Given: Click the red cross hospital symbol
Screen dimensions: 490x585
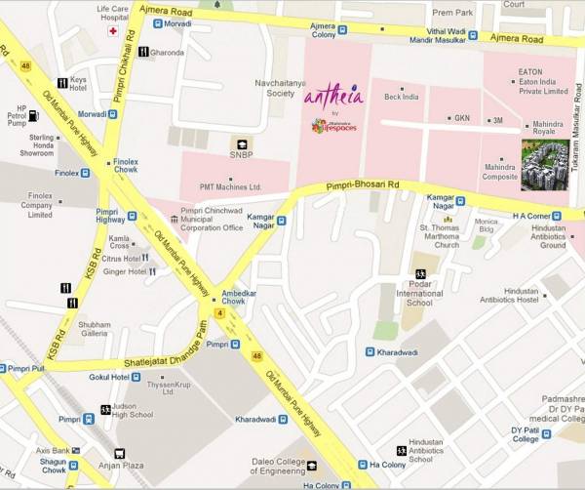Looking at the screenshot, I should tap(113, 31).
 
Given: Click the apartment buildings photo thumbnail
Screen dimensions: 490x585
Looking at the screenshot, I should tap(545, 165).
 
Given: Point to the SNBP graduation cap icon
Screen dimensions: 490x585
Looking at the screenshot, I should tap(240, 143).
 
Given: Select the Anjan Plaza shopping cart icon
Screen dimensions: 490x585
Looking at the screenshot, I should tap(120, 454).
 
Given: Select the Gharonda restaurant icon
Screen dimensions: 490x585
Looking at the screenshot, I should tap(142, 52).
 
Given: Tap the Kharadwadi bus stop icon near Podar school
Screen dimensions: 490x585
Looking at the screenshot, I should tap(370, 351).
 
